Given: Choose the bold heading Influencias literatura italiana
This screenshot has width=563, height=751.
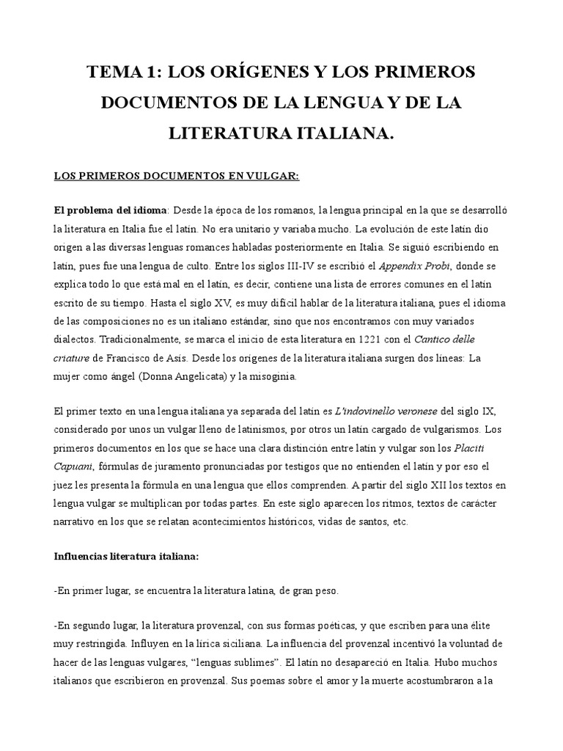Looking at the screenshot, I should pos(126,556).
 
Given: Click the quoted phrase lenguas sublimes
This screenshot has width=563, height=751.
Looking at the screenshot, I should pos(233,662).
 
